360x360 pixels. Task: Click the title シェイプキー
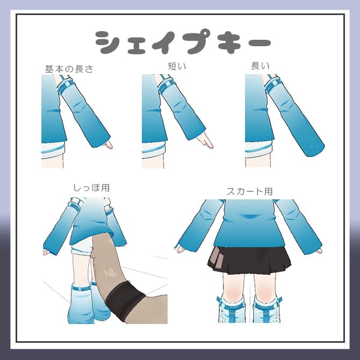pyautogui.click(x=182, y=42)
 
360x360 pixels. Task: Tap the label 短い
pyautogui.click(x=177, y=66)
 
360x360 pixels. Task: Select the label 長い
pyautogui.click(x=260, y=66)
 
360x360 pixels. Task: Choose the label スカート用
pyautogui.click(x=250, y=191)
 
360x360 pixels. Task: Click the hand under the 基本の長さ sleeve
pyautogui.click(x=108, y=144)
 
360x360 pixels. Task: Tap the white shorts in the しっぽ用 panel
pyautogui.click(x=82, y=248)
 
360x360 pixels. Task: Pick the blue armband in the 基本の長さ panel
pyautogui.click(x=67, y=84)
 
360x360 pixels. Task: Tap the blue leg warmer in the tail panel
pyautogui.click(x=82, y=304)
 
